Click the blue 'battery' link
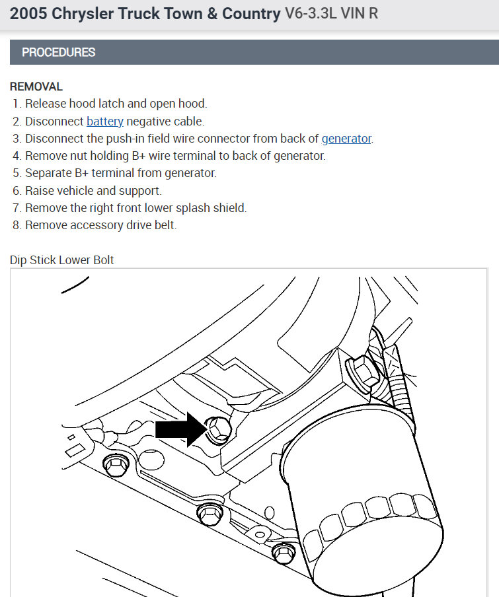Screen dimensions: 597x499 [x=104, y=122]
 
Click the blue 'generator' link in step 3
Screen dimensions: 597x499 [x=346, y=139]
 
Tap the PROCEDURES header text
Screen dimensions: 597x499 [x=59, y=52]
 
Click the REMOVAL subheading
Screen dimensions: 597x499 [x=36, y=87]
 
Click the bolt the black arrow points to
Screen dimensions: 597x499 [x=217, y=429]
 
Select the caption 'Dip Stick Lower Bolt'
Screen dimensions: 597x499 [x=61, y=260]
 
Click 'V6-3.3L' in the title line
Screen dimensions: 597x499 [x=311, y=13]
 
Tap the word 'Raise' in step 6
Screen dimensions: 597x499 [x=39, y=191]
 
